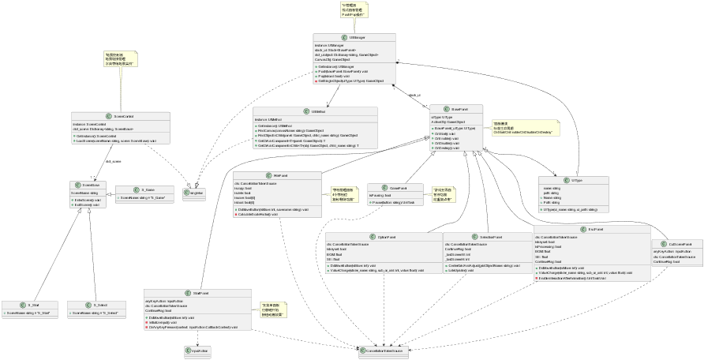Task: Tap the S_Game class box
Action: [x=143, y=193]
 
